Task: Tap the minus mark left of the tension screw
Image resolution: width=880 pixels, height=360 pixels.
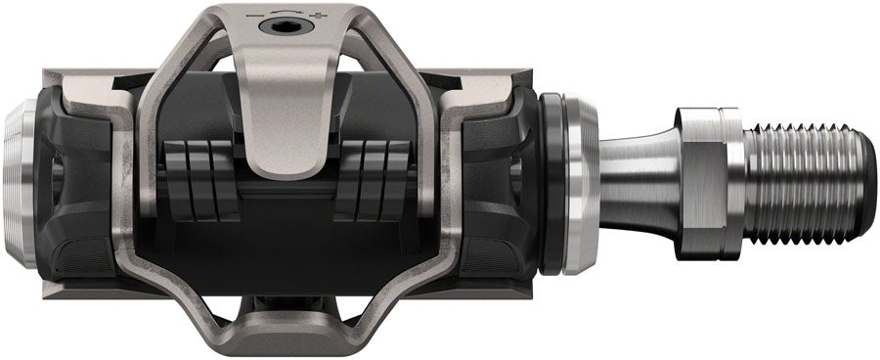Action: (x=256, y=17)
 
